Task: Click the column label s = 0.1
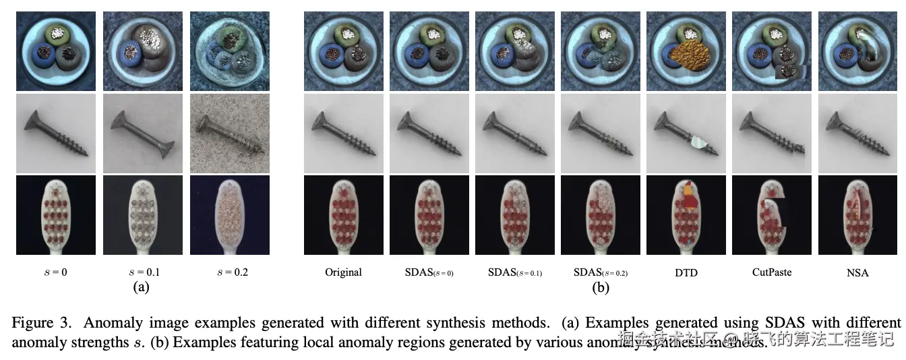[142, 272]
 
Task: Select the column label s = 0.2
[229, 272]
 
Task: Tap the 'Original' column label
[343, 272]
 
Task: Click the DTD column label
[686, 273]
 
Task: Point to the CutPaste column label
[771, 272]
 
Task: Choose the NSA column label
[858, 273]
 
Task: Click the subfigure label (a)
[141, 287]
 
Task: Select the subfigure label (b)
[600, 287]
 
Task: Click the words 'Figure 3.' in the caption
[43, 322]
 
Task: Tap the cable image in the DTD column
[686, 51]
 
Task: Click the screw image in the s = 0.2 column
[229, 133]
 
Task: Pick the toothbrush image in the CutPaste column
[771, 215]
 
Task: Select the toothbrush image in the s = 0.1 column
[142, 215]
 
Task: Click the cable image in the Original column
[343, 51]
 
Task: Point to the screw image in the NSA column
[858, 133]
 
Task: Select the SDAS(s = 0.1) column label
[514, 273]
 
